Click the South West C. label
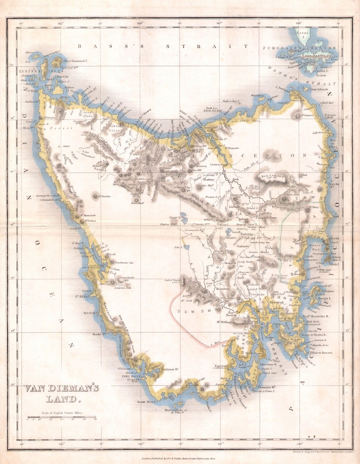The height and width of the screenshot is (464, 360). click(x=147, y=402)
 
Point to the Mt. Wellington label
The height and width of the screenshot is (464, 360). click(x=225, y=322)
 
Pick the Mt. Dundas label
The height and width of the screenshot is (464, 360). click(x=105, y=196)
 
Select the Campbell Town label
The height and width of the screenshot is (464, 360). click(x=266, y=217)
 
